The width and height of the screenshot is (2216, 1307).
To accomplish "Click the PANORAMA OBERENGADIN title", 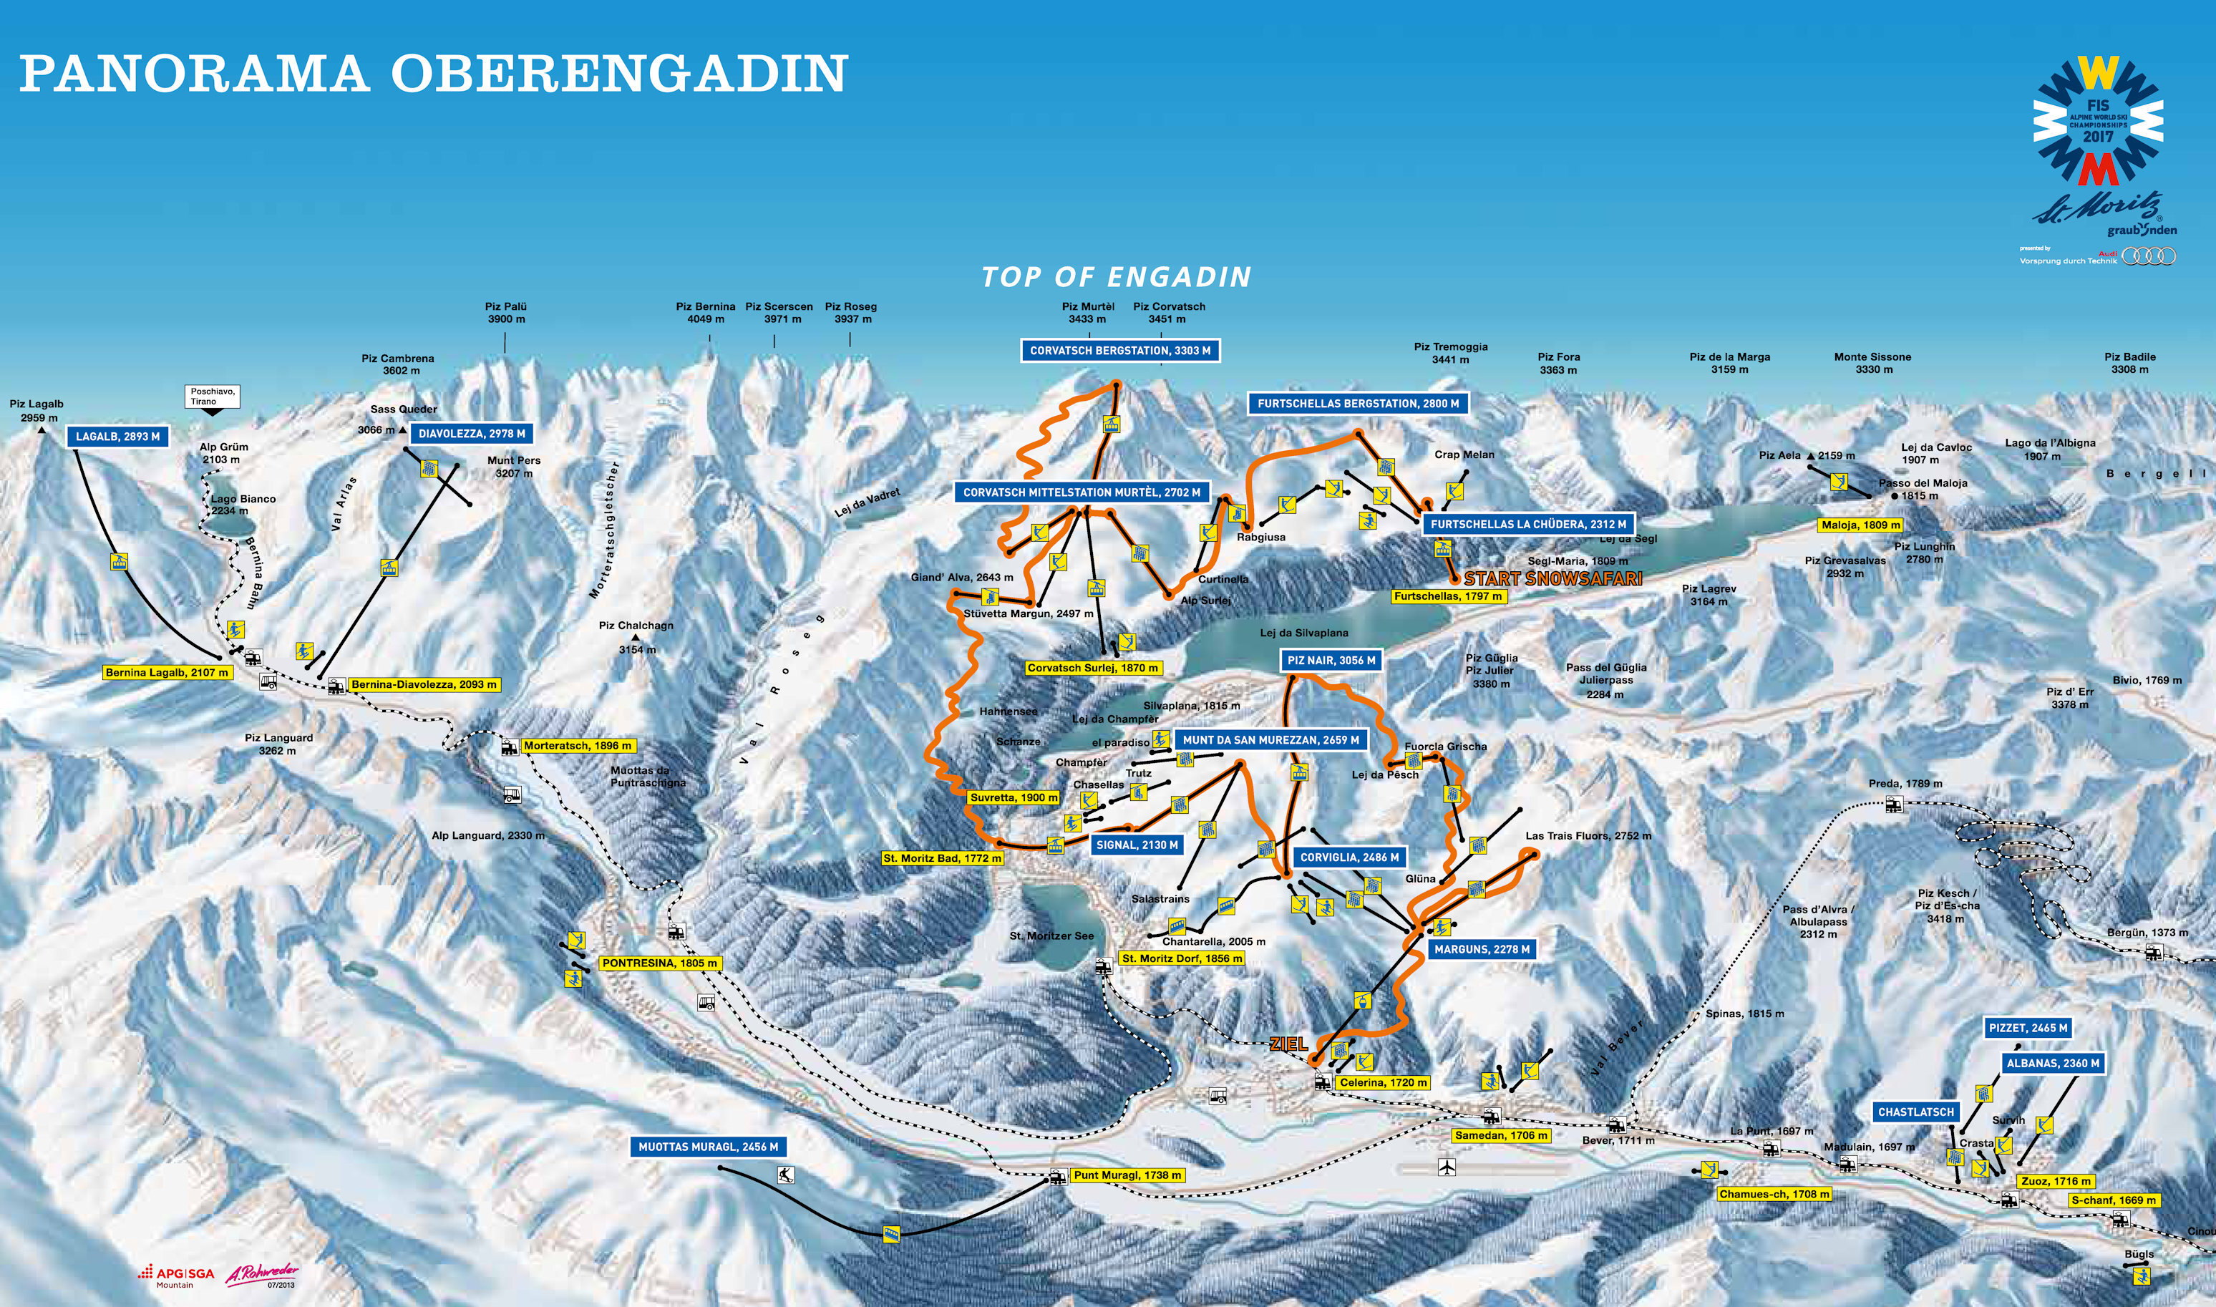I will coord(432,73).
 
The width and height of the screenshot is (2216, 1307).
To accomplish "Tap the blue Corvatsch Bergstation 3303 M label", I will coord(1119,351).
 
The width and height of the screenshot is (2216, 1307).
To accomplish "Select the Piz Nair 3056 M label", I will coord(1331,661).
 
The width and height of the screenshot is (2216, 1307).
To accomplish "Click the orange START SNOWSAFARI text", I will coord(1552,578).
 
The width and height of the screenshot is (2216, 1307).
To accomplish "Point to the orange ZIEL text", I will coord(1288,1044).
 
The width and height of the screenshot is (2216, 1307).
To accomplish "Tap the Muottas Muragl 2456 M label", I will coord(708,1147).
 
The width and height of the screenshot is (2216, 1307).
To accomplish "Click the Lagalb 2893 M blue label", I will coord(117,437).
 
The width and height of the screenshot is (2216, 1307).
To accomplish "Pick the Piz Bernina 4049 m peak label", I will coord(706,313).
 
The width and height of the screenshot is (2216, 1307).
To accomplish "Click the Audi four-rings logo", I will coord(2148,256).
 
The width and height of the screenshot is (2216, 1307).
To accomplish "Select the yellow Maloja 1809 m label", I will coord(1860,525).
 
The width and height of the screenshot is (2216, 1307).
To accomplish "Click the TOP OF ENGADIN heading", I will coord(1116,278).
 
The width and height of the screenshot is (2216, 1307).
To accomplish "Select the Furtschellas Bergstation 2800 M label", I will coord(1357,404).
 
